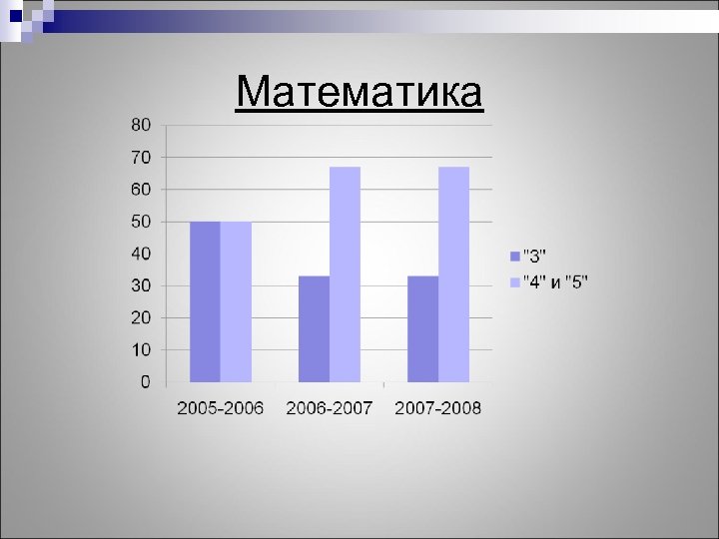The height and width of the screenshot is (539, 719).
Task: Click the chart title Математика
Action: (359, 93)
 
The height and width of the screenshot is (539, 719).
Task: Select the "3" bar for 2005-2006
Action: (205, 301)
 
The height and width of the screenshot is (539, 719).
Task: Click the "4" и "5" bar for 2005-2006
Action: (236, 301)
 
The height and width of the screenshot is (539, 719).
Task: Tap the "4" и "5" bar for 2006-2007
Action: (345, 274)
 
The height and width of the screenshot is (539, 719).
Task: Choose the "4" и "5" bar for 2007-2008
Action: (453, 274)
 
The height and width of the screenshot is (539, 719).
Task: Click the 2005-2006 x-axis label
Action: (220, 407)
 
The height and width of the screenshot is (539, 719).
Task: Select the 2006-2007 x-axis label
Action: (329, 407)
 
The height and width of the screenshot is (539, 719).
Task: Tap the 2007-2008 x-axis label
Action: (437, 407)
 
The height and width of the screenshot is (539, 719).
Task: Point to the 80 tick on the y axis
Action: (141, 125)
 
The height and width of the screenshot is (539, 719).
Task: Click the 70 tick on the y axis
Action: (141, 157)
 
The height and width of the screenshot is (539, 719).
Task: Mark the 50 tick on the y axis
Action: (141, 222)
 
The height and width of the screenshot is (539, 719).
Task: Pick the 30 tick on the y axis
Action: (141, 285)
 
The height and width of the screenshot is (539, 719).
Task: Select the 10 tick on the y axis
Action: (141, 350)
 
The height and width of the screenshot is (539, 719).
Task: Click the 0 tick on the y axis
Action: (146, 382)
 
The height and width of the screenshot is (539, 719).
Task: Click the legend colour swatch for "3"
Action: (514, 254)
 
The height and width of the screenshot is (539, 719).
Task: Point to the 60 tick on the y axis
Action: (141, 190)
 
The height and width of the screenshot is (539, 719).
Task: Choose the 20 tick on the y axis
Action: (141, 318)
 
